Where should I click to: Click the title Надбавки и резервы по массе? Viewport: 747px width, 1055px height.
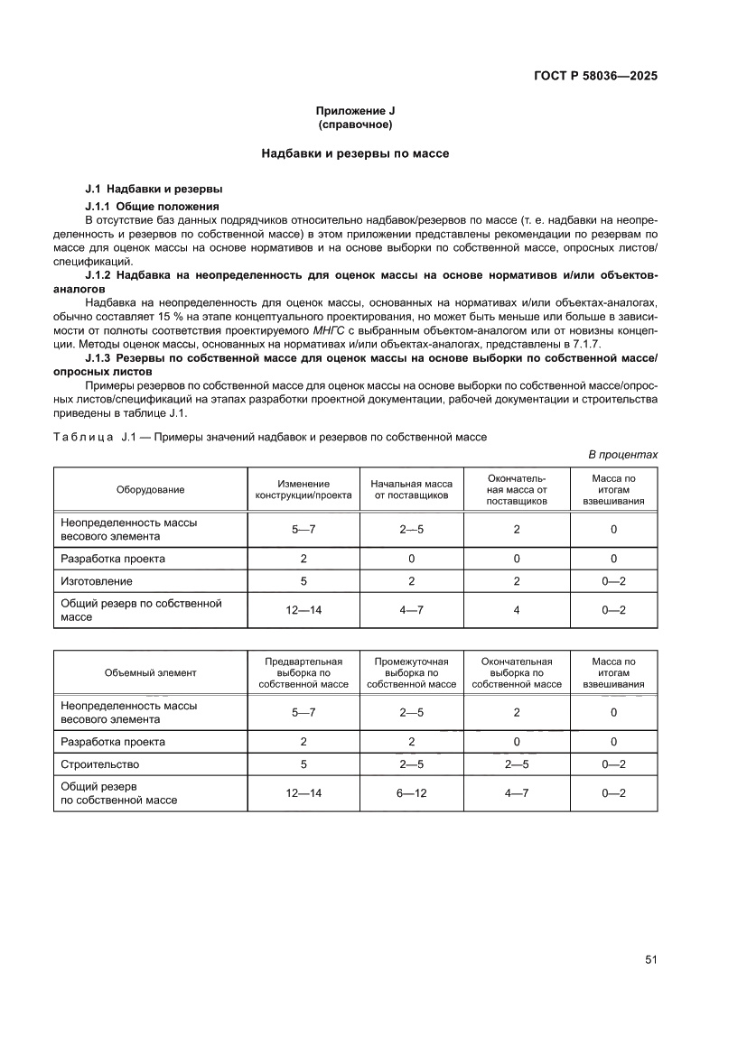(355, 154)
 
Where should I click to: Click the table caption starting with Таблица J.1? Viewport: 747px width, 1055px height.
(270, 438)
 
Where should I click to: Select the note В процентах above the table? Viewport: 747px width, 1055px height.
(622, 455)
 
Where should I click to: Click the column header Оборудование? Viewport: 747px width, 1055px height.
(150, 490)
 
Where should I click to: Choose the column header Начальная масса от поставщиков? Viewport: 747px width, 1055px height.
(412, 490)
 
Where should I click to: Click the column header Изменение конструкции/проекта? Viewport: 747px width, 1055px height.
(303, 490)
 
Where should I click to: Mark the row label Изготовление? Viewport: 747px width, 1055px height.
(97, 582)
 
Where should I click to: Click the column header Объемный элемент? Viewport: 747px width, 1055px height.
(150, 672)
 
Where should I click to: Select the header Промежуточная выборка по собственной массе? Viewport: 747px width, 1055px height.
(412, 672)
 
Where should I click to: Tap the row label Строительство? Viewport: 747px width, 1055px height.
(99, 764)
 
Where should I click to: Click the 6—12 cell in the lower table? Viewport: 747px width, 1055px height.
(412, 793)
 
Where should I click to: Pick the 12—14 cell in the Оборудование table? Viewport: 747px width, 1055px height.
(303, 611)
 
